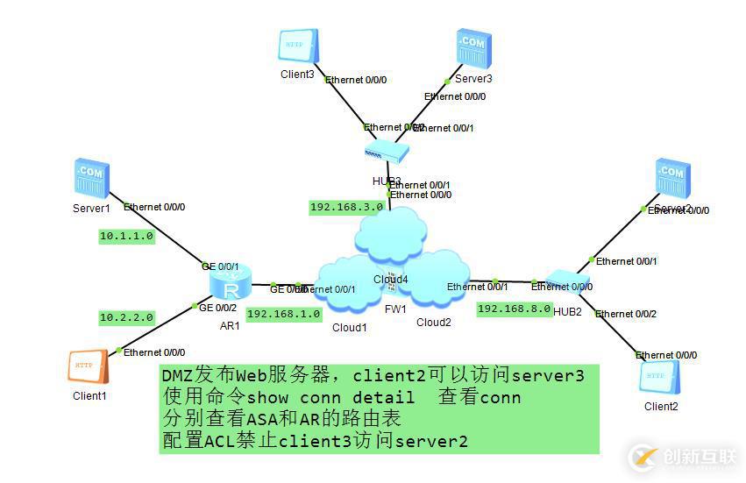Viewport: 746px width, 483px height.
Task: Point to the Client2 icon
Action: coord(659,376)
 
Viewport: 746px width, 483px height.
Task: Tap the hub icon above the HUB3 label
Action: coord(387,153)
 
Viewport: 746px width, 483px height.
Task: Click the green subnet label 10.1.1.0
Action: coord(127,237)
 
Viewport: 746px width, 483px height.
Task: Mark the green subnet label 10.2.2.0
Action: coord(127,317)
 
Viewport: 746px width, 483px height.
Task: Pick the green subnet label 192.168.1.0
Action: coord(284,314)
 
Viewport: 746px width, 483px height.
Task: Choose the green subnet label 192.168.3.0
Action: coord(346,208)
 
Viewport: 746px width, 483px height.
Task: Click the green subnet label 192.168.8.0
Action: coord(515,309)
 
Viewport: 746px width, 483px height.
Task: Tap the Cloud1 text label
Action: coord(349,328)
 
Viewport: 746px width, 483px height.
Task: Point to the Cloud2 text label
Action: coord(433,323)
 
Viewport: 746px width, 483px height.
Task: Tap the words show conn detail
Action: coord(325,398)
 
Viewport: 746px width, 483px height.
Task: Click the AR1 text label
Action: coord(230,325)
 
